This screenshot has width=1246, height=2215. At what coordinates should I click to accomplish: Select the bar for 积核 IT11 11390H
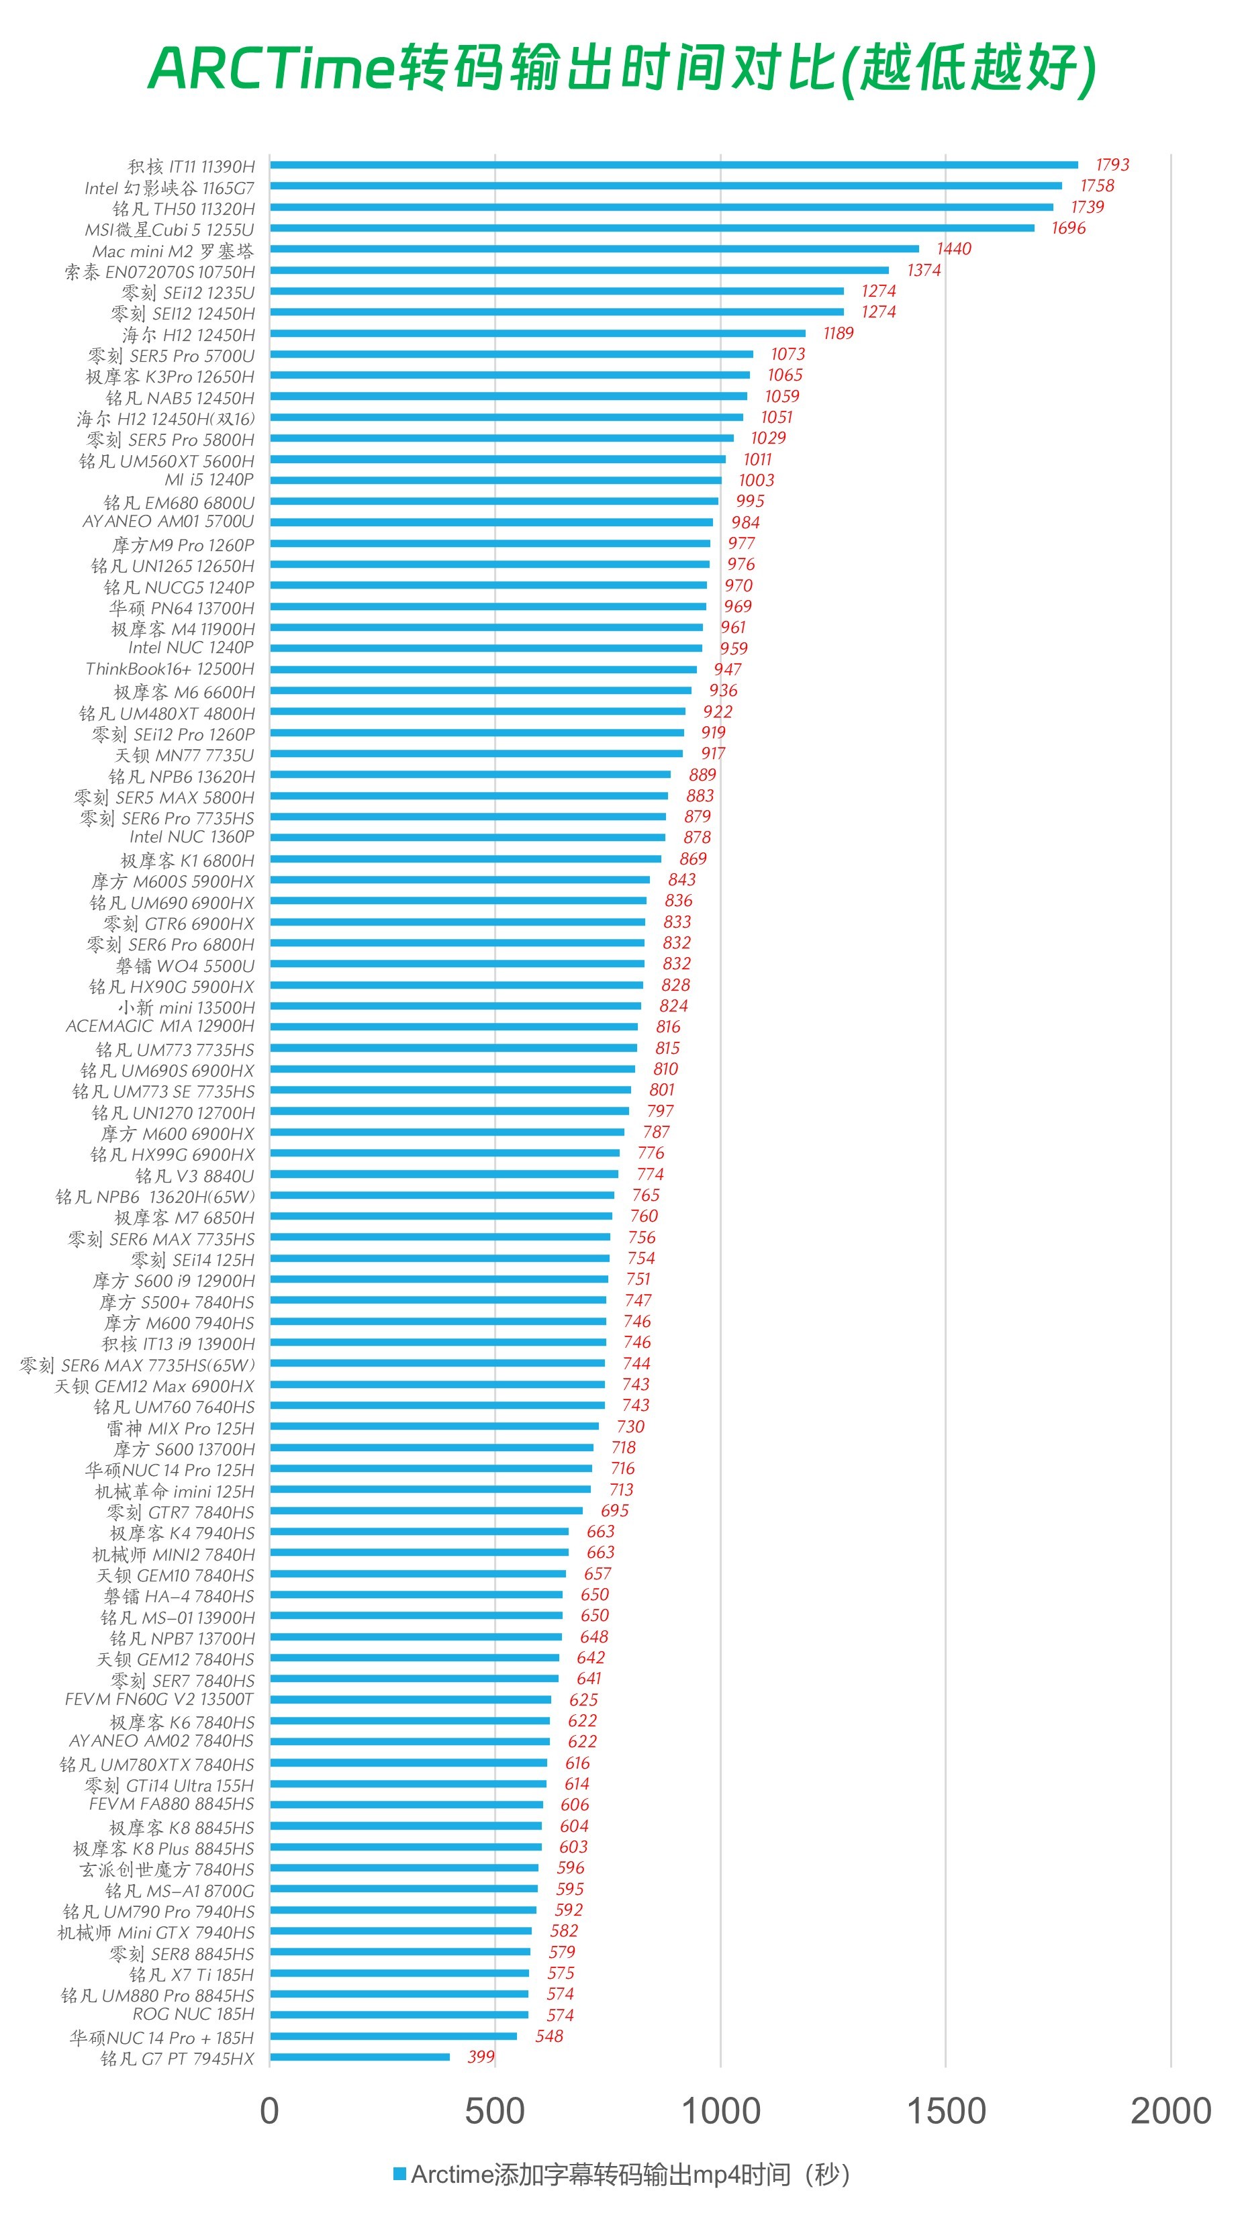coord(673,165)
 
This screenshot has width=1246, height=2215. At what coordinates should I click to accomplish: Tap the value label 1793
coord(1112,165)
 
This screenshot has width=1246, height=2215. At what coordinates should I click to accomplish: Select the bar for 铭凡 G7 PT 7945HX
coord(359,2057)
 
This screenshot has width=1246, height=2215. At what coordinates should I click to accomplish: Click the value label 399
coord(481,2057)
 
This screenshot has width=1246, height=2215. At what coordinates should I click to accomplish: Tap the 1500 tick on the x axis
coord(946,2112)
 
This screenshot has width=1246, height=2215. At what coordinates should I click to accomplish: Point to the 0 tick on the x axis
coord(269,2112)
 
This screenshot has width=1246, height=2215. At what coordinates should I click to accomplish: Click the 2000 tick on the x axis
coord(1170,2112)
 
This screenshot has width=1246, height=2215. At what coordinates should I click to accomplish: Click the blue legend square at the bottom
coord(399,2174)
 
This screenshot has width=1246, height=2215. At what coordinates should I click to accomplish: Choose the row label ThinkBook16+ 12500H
coord(171,669)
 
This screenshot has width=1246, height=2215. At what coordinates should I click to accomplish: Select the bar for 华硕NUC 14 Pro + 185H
coord(393,2036)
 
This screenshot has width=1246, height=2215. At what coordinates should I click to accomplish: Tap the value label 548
coord(548,2036)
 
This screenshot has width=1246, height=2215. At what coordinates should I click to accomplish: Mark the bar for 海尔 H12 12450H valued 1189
coord(538,334)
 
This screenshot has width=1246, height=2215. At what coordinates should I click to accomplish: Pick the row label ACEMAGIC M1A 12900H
coord(160,1026)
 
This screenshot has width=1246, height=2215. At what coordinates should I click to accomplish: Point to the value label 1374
coord(924,270)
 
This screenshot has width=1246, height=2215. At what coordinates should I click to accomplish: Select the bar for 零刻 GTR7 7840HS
coord(426,1511)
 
